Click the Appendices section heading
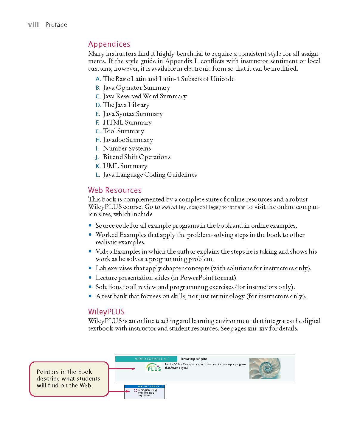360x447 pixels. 109,44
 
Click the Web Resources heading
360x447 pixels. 115,190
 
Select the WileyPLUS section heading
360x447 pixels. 106,312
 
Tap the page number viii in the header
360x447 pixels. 33,25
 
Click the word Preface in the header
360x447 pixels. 56,25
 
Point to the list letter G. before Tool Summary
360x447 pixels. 98,131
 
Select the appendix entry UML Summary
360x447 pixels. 125,166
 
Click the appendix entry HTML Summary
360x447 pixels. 127,122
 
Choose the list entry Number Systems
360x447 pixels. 127,148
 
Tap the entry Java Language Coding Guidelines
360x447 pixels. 150,175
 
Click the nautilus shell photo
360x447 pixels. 265,369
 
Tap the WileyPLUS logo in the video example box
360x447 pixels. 153,367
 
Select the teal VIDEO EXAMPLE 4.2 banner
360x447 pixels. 146,359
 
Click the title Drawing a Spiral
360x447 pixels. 194,359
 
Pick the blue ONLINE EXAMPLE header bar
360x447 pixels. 145,386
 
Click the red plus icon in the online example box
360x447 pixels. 136,390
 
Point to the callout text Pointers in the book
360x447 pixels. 64,372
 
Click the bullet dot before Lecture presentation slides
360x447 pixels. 90,278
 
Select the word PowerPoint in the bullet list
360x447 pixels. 195,278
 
